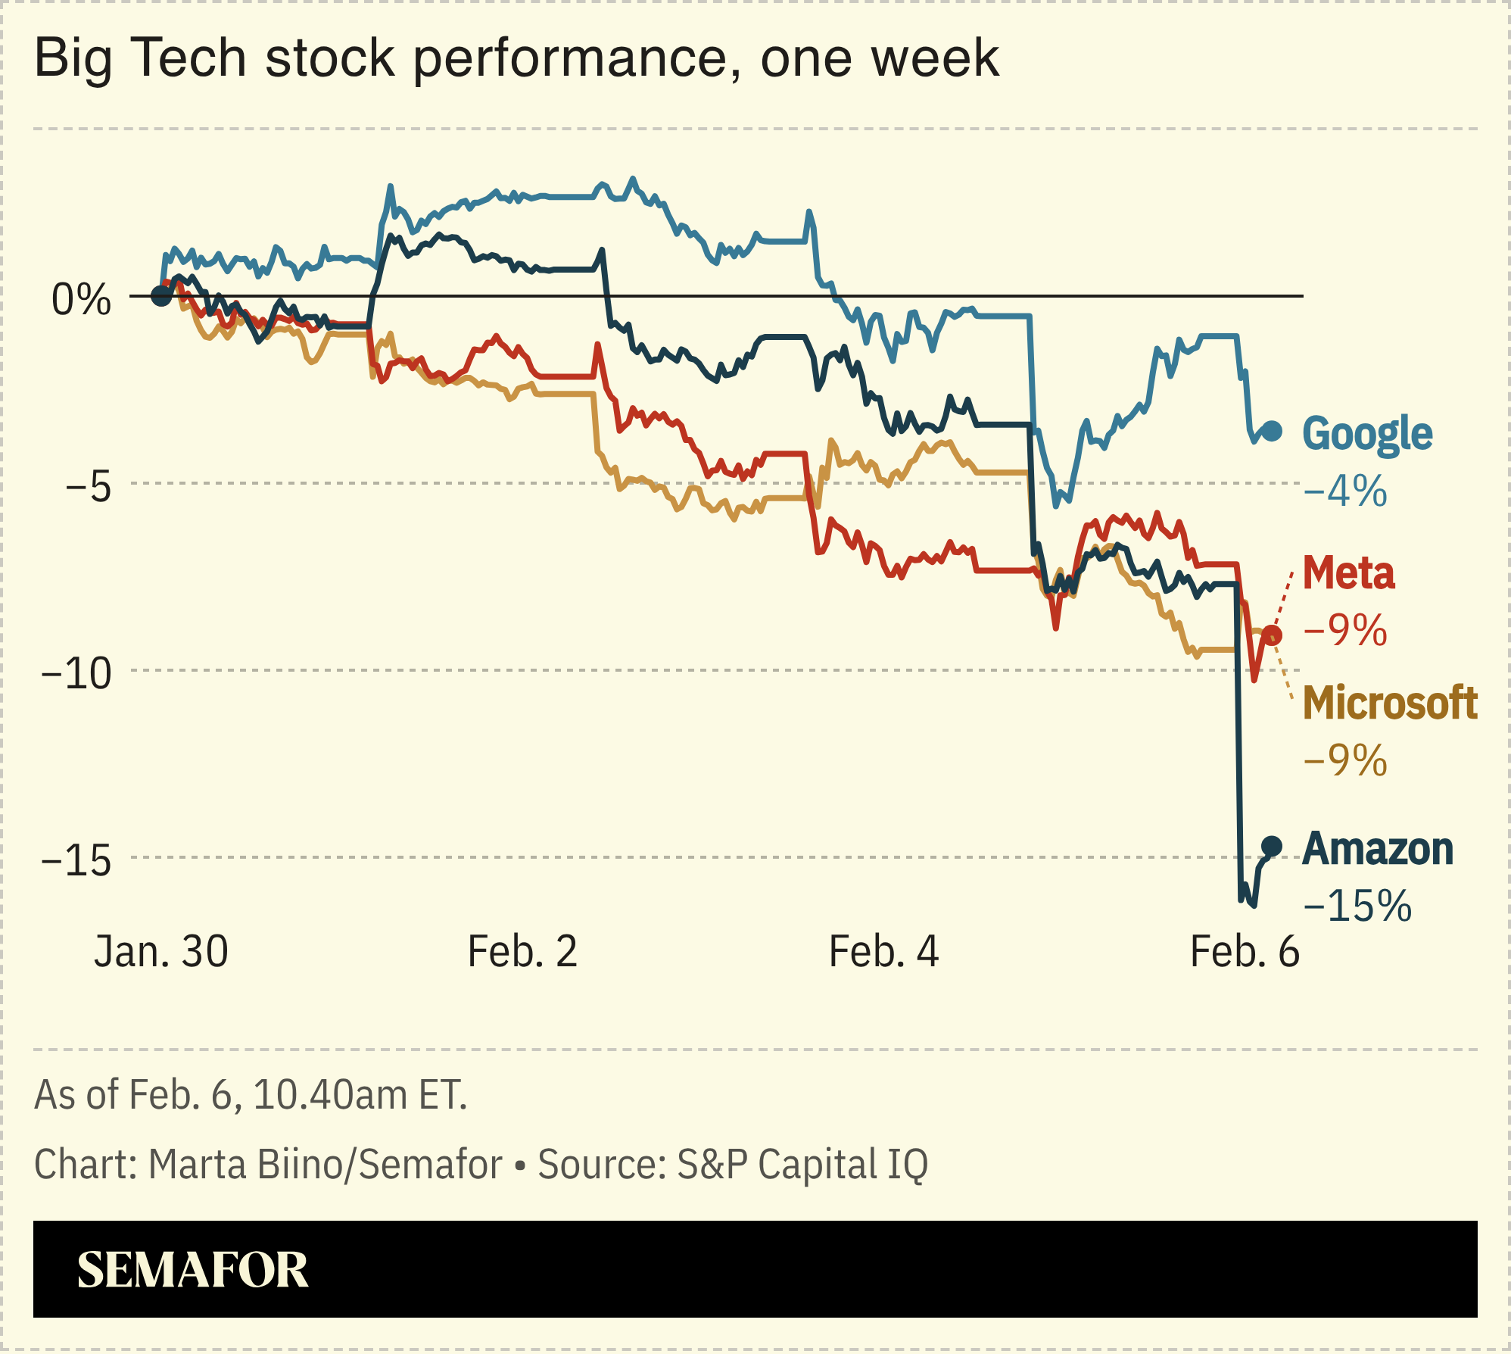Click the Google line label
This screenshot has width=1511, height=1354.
1367,434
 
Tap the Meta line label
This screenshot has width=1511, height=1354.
1348,573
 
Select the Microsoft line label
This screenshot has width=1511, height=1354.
1390,703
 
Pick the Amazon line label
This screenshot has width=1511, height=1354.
1378,849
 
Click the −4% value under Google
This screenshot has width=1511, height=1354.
1345,491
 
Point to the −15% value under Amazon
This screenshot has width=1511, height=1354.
1357,906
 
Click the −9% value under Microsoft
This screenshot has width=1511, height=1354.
1345,760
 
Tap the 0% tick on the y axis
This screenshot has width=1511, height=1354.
81,300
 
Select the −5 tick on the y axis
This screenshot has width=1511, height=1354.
88,486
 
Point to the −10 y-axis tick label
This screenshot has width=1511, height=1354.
76,673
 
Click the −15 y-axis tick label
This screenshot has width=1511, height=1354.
76,861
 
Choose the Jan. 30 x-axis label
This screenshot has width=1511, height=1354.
160,952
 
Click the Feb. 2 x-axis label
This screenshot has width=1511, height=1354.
522,952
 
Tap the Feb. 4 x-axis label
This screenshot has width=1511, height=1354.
883,952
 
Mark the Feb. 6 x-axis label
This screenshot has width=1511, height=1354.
1245,952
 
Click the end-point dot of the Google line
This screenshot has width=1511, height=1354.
1273,431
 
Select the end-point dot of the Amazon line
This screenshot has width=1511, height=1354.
1272,846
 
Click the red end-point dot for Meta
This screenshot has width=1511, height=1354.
1273,635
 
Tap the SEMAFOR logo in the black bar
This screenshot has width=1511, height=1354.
192,1270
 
